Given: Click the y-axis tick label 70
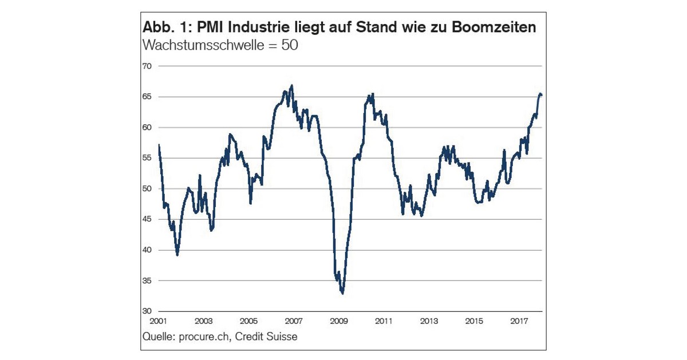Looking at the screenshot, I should pyautogui.click(x=147, y=66).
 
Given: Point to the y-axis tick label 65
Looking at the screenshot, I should pyautogui.click(x=147, y=97).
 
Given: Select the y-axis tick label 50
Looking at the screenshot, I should pyautogui.click(x=147, y=189).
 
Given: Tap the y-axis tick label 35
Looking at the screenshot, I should pyautogui.click(x=147, y=281).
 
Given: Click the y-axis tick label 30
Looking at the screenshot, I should pyautogui.click(x=147, y=311).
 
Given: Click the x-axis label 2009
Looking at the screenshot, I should pyautogui.click(x=339, y=321).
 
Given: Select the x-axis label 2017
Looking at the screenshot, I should pyautogui.click(x=519, y=321).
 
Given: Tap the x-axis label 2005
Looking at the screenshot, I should pyautogui.click(x=248, y=321).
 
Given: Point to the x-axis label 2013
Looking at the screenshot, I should pyautogui.click(x=429, y=321).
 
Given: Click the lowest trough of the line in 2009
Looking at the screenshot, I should pyautogui.click(x=342, y=294).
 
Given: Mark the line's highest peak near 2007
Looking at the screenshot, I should pyautogui.click(x=292, y=85).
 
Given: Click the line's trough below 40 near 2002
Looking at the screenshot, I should pyautogui.click(x=177, y=255).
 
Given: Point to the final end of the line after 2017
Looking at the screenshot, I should pyautogui.click(x=542, y=95).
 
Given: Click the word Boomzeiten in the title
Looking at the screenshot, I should pyautogui.click(x=493, y=27).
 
